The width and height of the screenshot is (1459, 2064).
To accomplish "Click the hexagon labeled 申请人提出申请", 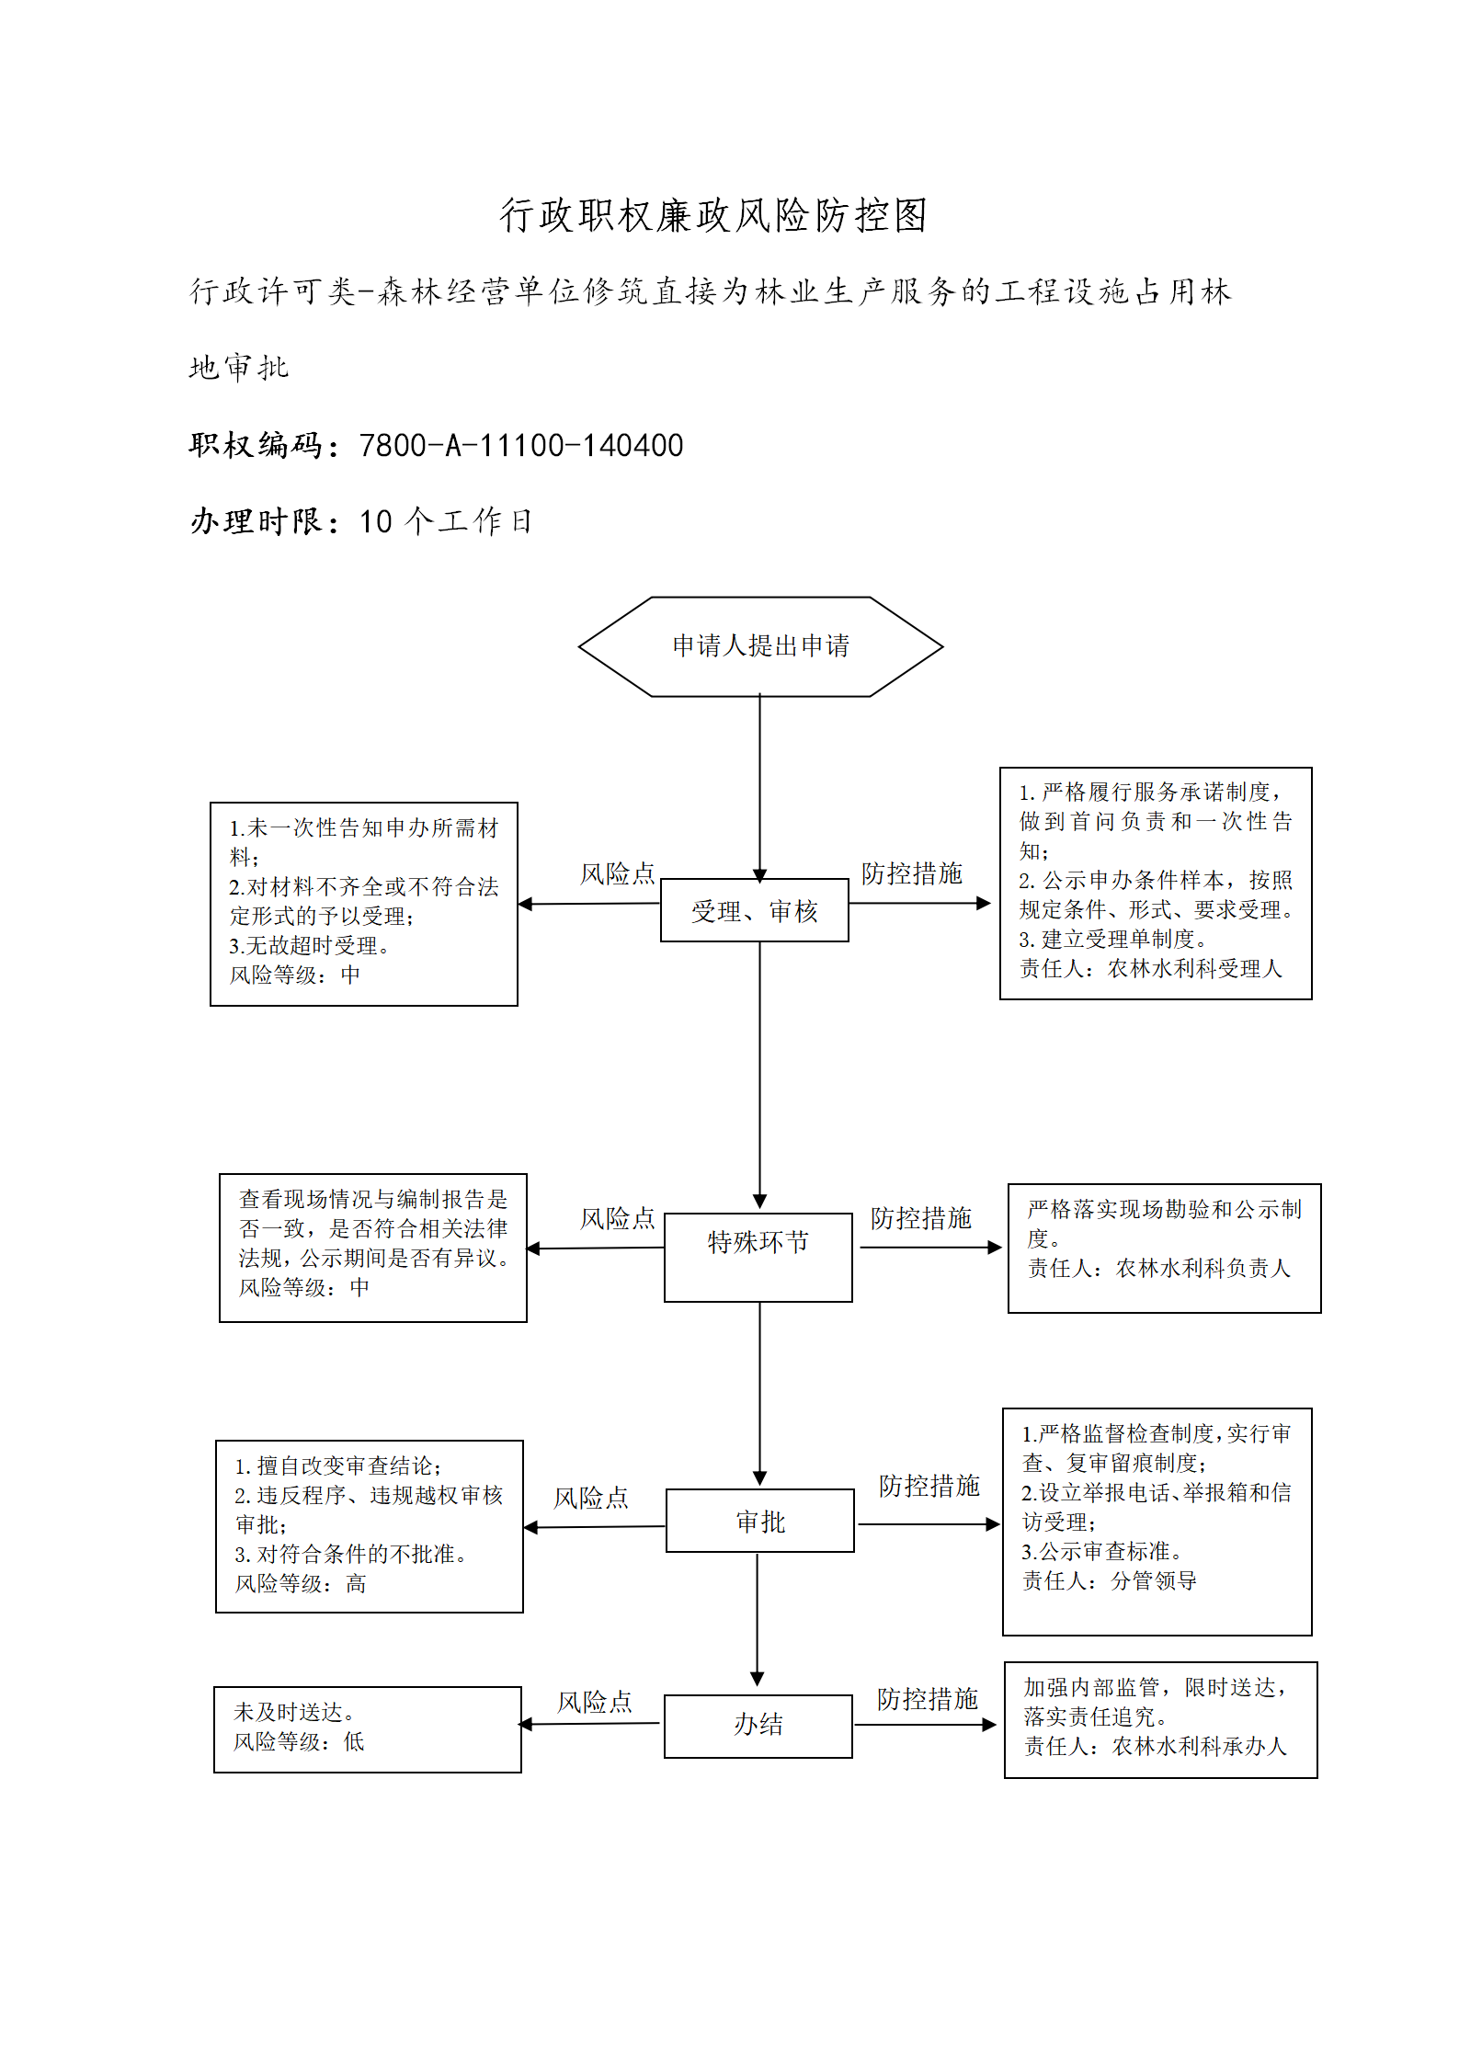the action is (x=760, y=646).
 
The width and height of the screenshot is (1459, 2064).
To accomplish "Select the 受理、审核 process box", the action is (x=754, y=910).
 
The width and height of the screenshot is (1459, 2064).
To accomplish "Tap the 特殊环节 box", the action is (x=758, y=1257).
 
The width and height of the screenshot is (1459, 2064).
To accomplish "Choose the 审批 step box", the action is (x=759, y=1521).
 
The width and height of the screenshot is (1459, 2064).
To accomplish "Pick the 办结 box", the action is (x=758, y=1726).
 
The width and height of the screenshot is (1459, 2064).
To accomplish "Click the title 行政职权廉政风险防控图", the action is (x=713, y=215).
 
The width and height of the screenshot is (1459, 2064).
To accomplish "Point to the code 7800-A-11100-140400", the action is (x=521, y=446).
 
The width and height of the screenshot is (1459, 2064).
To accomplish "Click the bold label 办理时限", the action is (x=256, y=521).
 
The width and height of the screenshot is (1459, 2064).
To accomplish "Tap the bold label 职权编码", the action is (x=256, y=445).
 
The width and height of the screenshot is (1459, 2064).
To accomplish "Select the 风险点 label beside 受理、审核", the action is (x=617, y=873).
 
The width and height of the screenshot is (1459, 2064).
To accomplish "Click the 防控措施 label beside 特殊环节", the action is (x=920, y=1218).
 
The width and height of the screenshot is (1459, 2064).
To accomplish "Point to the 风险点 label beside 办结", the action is (x=595, y=1702).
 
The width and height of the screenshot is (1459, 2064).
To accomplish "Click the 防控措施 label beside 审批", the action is (x=929, y=1486).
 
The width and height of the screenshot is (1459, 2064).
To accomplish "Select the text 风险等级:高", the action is (x=301, y=1583).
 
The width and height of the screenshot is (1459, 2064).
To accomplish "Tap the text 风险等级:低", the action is (x=299, y=1741).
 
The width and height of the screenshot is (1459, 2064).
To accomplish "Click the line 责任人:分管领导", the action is (x=1109, y=1580).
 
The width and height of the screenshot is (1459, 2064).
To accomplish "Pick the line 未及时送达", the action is (x=294, y=1712).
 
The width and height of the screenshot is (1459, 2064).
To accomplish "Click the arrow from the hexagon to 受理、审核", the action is (x=759, y=788).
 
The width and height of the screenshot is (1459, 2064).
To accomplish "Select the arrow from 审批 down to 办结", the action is (x=757, y=1620).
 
